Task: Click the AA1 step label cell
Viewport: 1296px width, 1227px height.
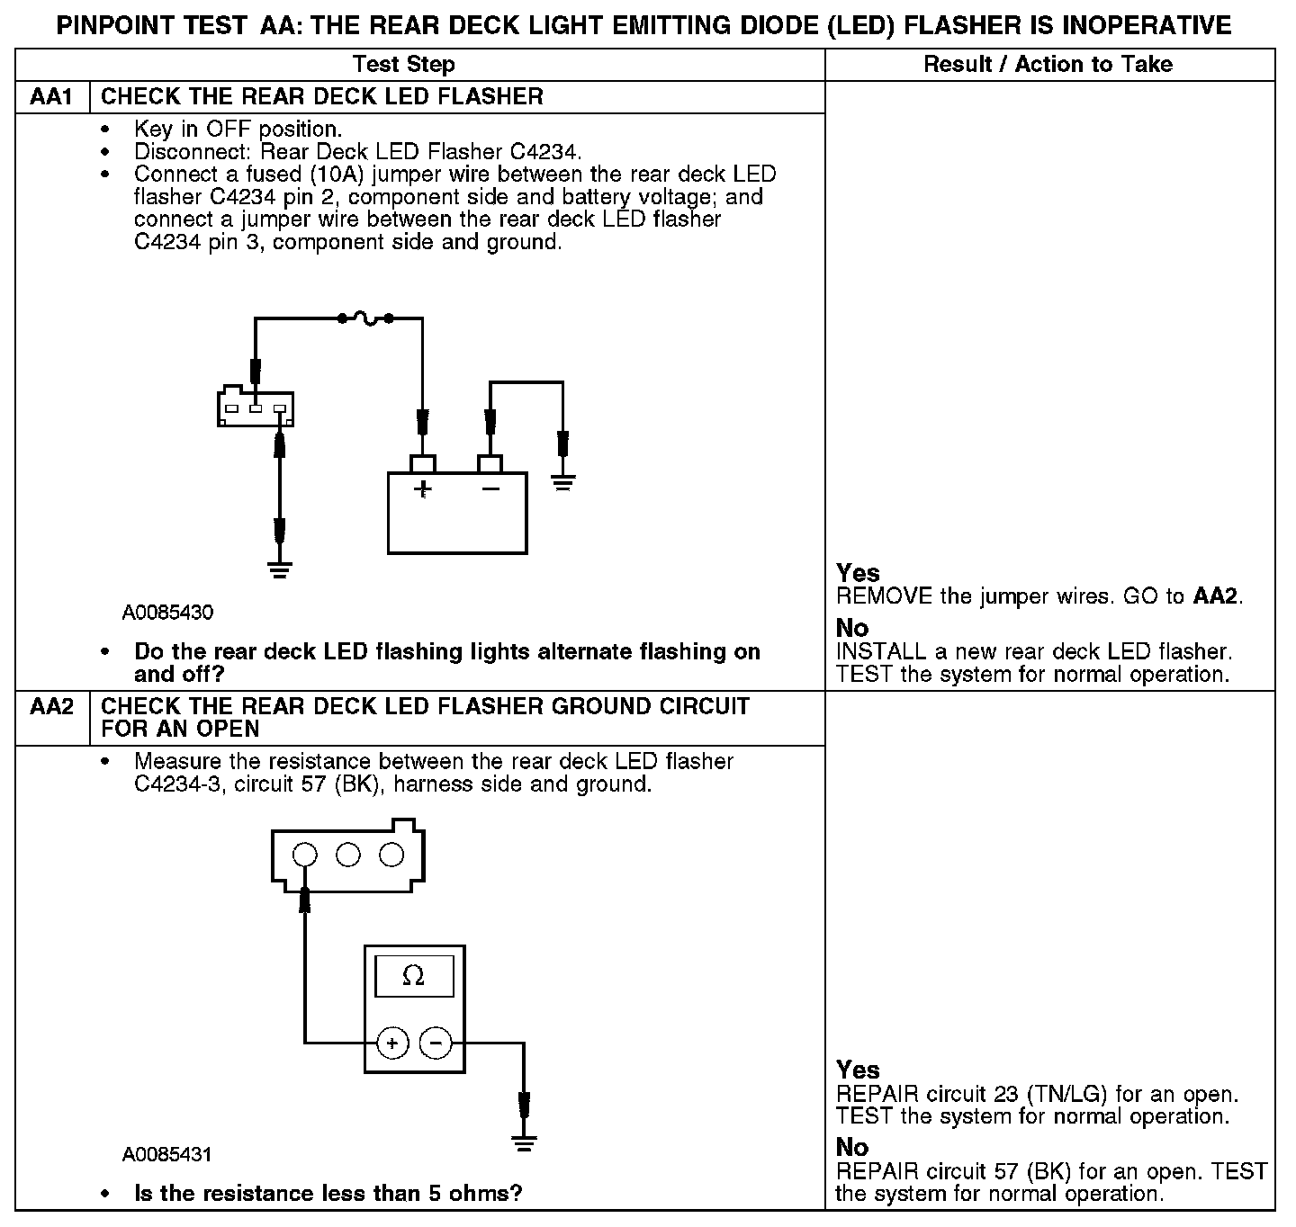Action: point(51,96)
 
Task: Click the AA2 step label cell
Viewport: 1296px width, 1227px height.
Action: point(51,707)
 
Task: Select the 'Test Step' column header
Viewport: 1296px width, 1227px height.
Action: point(403,64)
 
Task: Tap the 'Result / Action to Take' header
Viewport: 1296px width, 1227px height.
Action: point(1048,64)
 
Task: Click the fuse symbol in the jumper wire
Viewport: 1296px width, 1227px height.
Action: point(365,317)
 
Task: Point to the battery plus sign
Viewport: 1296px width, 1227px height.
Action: point(422,489)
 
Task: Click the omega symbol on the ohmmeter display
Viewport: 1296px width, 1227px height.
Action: point(414,975)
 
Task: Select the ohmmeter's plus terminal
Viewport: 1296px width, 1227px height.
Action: point(392,1043)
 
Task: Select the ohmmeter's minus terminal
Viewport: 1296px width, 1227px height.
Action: point(436,1043)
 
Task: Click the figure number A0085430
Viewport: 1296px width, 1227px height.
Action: point(168,613)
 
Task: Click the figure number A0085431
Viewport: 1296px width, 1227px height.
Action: point(168,1154)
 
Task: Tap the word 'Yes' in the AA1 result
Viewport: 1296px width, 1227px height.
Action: point(858,573)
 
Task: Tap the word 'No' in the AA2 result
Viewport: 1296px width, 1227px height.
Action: point(852,1147)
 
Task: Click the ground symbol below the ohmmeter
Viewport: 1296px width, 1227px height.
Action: point(523,1143)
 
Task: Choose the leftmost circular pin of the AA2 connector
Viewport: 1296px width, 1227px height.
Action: point(305,854)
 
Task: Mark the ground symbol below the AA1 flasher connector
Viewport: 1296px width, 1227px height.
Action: point(280,569)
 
